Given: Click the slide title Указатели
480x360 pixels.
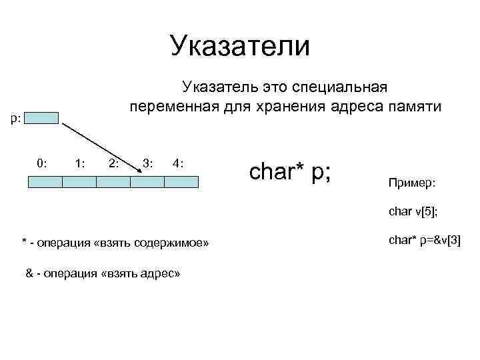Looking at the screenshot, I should tap(240, 46).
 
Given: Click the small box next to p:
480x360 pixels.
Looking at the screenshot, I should tap(45, 118).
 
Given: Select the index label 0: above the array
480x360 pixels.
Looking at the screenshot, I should tap(41, 162).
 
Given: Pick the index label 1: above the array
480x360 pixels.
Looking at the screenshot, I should tap(79, 162).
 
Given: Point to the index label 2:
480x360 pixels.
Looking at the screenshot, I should tap(113, 162).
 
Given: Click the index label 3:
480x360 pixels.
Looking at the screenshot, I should tap(147, 162).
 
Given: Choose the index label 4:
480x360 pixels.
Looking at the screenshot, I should tap(177, 162).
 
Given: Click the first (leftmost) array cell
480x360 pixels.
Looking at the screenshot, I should tap(45, 181).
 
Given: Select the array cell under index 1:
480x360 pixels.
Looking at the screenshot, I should tap(79, 181).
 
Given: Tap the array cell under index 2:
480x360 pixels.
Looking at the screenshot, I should tap(113, 181).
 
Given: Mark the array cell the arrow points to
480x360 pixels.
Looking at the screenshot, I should tap(147, 181).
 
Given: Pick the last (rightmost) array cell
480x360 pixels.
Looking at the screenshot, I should tap(181, 181).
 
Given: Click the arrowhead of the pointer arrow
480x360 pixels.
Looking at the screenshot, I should tap(139, 172).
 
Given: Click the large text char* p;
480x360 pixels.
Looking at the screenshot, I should tap(291, 171).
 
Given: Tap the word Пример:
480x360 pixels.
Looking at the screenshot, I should tap(409, 182).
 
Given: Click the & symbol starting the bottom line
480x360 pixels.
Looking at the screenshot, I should tap(29, 273).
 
